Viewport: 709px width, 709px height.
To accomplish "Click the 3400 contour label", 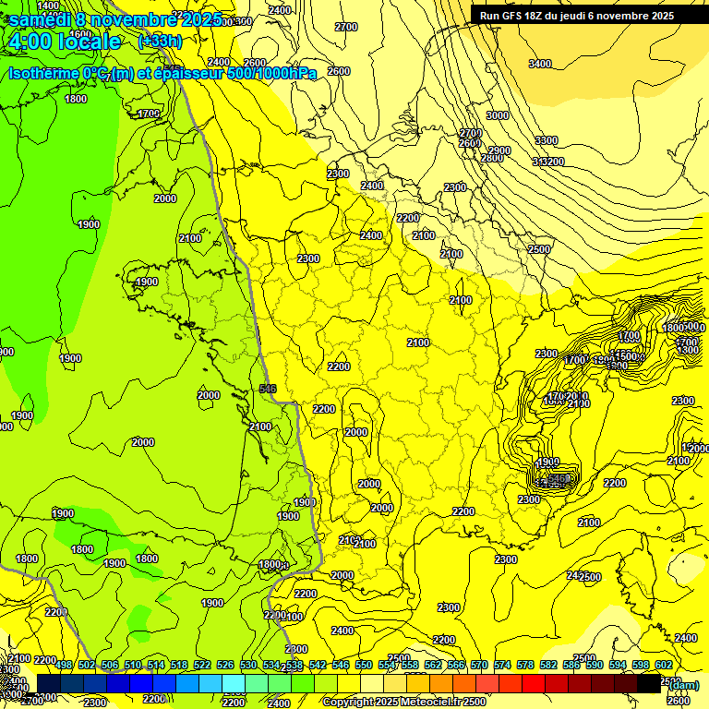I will (540, 64).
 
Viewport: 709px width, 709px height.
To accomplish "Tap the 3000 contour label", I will (498, 115).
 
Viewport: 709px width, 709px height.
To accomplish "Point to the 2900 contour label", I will (499, 150).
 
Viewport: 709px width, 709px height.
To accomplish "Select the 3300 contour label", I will (546, 140).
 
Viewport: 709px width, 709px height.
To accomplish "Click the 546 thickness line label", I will (269, 389).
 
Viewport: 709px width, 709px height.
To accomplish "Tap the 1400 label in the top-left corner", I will (48, 6).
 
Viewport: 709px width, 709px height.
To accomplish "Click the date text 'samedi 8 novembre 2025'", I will (115, 19).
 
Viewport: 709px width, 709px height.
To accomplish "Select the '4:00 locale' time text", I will (64, 42).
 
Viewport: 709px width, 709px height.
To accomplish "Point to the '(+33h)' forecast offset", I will (160, 41).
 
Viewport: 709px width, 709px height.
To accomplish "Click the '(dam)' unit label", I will (684, 685).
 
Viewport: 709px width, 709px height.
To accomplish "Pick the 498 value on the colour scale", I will (64, 665).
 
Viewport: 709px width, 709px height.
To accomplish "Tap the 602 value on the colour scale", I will (663, 665).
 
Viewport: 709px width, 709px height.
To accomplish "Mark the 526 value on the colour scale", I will (225, 665).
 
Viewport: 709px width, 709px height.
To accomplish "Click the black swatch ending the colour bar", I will (649, 683).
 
